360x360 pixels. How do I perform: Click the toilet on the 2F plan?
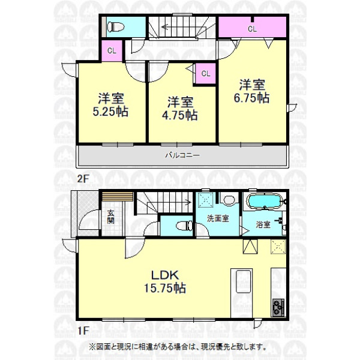pyautogui.click(x=115, y=27)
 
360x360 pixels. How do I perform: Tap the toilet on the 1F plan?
pyautogui.click(x=184, y=226)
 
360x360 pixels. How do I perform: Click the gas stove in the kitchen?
pyautogui.click(x=278, y=307)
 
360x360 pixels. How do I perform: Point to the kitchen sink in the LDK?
pyautogui.click(x=243, y=281)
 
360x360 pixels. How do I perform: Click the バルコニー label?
pyautogui.click(x=182, y=155)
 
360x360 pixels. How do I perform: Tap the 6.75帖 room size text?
pyautogui.click(x=251, y=98)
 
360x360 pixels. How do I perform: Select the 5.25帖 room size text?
pyautogui.click(x=110, y=112)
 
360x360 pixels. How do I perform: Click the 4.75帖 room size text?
pyautogui.click(x=180, y=115)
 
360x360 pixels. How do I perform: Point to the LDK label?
pyautogui.click(x=164, y=275)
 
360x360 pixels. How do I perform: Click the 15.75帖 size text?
pyautogui.click(x=165, y=288)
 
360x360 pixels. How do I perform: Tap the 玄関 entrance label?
pyautogui.click(x=110, y=217)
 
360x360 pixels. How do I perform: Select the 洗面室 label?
pyautogui.click(x=218, y=218)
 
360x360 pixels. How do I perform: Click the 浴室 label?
pyautogui.click(x=263, y=224)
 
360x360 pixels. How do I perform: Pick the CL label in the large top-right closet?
pyautogui.click(x=252, y=29)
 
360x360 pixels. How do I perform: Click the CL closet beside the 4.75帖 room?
pyautogui.click(x=205, y=73)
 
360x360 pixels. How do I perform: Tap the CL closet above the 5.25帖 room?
pyautogui.click(x=112, y=51)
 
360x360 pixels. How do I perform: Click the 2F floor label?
pyautogui.click(x=83, y=178)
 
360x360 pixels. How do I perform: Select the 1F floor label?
pyautogui.click(x=83, y=331)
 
